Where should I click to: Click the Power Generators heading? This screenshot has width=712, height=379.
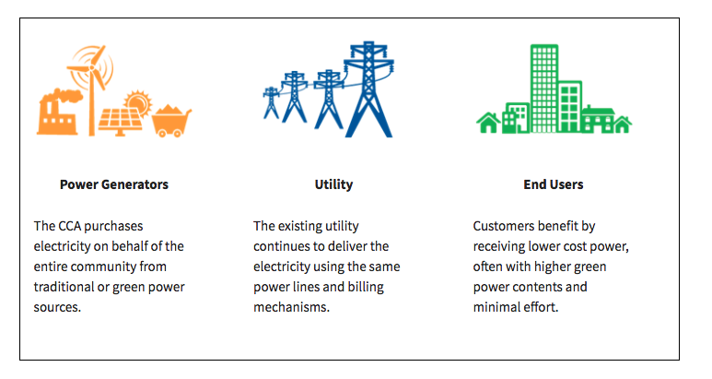114,184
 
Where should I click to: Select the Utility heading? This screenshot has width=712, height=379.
333,184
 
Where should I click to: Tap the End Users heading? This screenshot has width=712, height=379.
553,184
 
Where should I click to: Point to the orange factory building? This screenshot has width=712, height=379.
57,116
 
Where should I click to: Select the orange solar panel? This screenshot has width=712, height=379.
119,122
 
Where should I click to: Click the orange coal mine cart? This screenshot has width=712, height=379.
171,122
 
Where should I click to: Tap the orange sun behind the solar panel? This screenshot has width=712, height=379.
139,103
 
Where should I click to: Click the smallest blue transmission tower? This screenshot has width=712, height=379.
271,102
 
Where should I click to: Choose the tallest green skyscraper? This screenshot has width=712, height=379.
544,89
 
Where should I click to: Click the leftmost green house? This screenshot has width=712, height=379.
488,123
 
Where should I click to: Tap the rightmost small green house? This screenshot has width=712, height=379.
622,124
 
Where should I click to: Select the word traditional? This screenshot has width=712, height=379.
63,287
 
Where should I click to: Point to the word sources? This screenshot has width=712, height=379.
57,307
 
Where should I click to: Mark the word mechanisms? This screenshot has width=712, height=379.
291,307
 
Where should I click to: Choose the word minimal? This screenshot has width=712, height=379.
496,307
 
